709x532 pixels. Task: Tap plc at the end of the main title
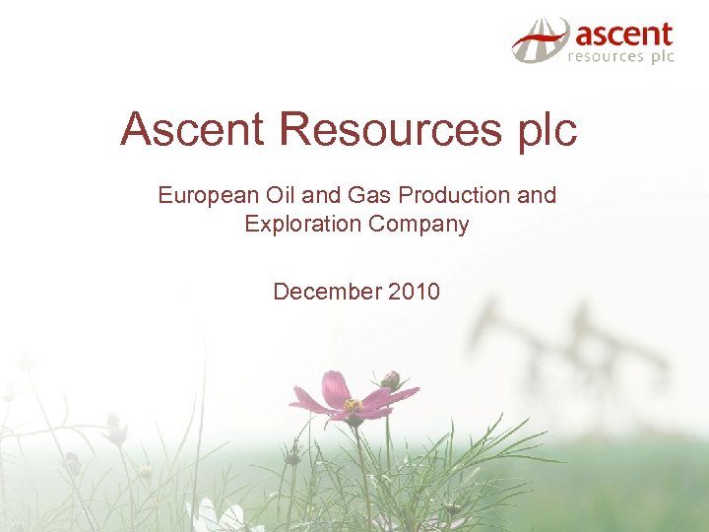click(x=548, y=130)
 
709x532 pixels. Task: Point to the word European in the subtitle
click(x=201, y=195)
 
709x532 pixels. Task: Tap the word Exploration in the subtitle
click(x=303, y=224)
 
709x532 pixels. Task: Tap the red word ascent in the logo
click(x=623, y=35)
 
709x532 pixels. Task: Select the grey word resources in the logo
click(x=605, y=57)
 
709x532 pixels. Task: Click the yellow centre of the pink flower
click(x=353, y=405)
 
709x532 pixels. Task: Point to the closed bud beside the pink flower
click(x=391, y=379)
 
